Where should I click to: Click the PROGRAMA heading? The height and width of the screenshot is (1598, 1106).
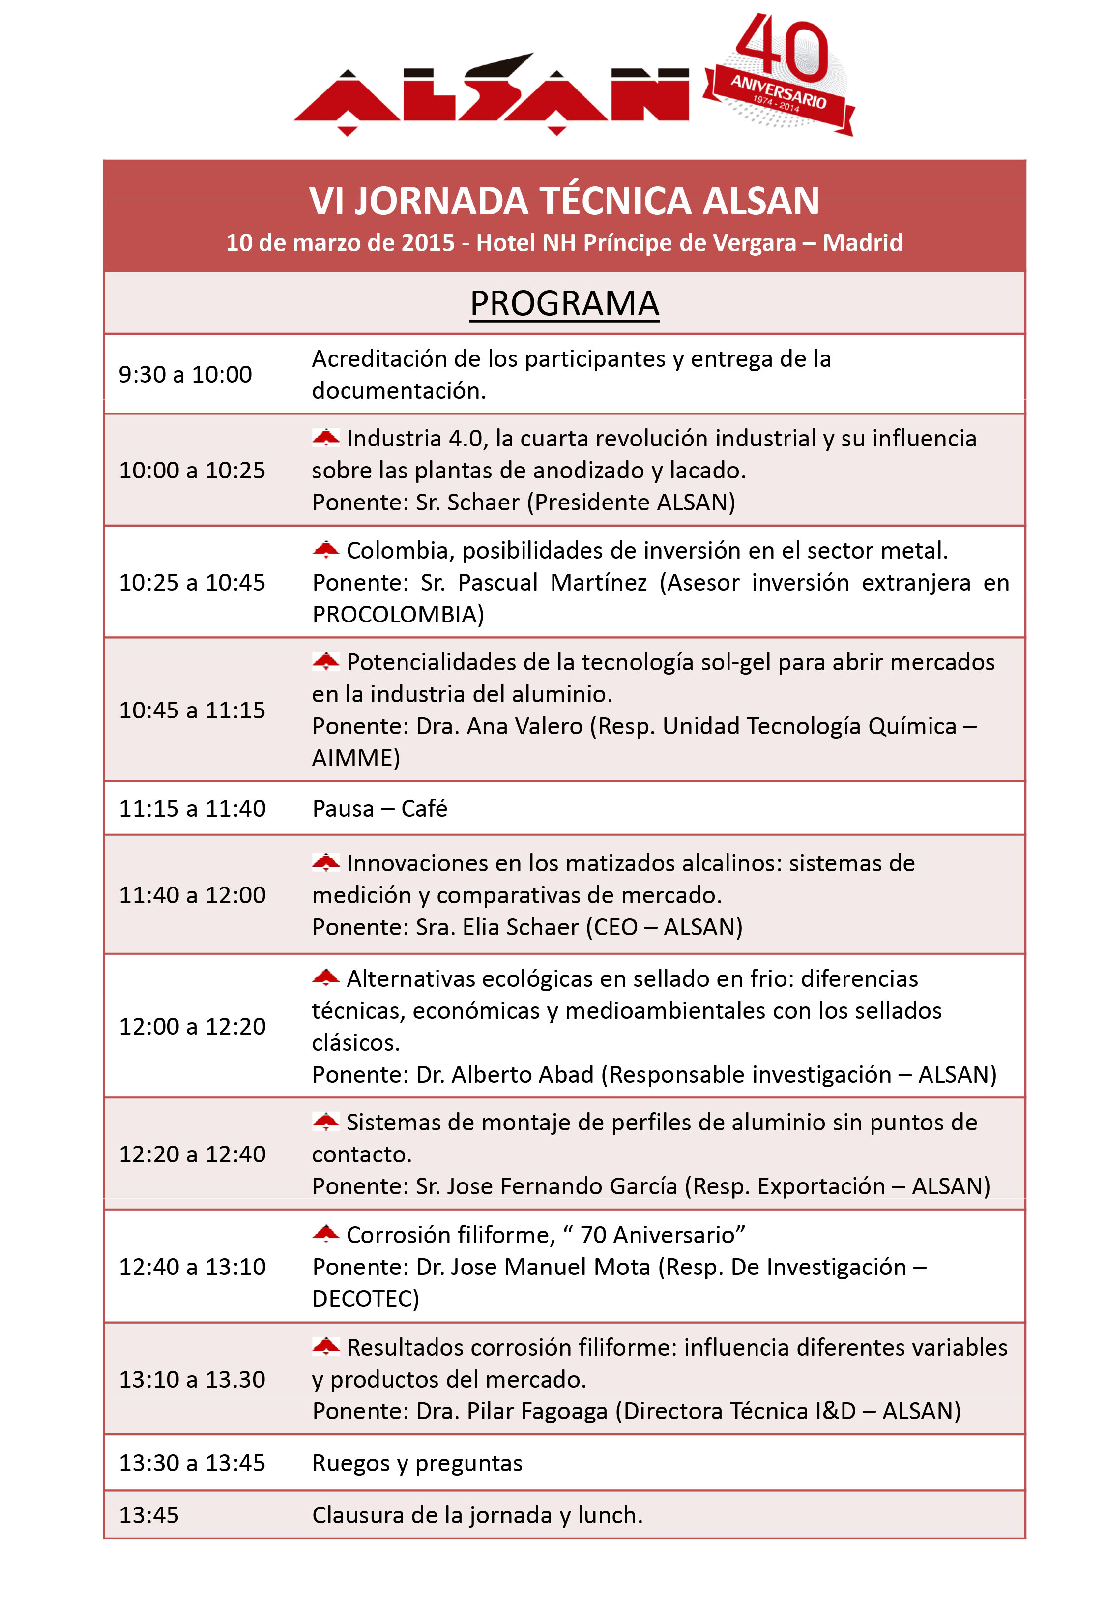pyautogui.click(x=564, y=303)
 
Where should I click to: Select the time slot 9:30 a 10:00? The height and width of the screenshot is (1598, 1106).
pyautogui.click(x=185, y=374)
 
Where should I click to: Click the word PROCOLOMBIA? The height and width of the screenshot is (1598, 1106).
pyautogui.click(x=398, y=614)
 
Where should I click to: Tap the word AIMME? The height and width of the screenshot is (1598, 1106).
pyautogui.click(x=355, y=757)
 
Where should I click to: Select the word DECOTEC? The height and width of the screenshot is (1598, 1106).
pyautogui.click(x=365, y=1298)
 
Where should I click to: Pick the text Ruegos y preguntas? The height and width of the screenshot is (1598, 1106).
pyautogui.click(x=417, y=1463)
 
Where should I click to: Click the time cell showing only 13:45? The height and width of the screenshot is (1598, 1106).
pyautogui.click(x=148, y=1515)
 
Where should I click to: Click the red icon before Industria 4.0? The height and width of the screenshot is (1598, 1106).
pyautogui.click(x=326, y=438)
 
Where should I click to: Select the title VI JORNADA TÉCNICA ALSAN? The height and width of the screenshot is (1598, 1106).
pyautogui.click(x=564, y=201)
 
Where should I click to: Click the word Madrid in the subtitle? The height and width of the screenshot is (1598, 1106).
pyautogui.click(x=862, y=242)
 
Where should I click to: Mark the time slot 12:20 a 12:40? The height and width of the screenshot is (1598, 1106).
pyautogui.click(x=192, y=1154)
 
